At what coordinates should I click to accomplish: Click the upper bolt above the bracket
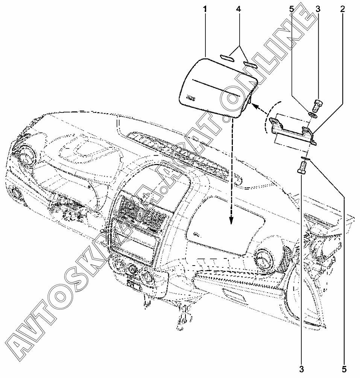317,104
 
